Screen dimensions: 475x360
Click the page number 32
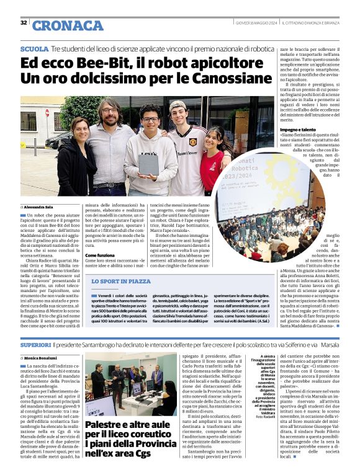coord(24,23)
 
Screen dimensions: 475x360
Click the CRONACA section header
coord(68,25)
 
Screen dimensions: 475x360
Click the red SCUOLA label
coord(34,48)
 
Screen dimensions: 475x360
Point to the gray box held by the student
coord(148,164)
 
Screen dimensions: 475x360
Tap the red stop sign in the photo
coord(47,114)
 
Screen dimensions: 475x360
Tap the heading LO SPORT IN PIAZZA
coord(120,281)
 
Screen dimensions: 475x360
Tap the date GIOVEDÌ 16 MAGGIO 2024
coord(256,23)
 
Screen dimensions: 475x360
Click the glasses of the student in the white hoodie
coord(150,120)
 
